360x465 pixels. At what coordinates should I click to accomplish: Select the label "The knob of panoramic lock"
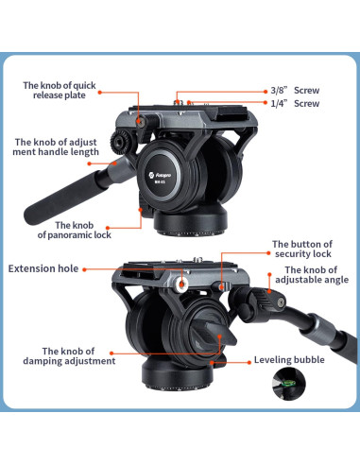[82, 230]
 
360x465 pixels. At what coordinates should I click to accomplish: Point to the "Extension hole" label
[43, 268]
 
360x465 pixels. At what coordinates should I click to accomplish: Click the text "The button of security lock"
[301, 250]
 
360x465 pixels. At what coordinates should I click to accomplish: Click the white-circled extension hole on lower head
[182, 282]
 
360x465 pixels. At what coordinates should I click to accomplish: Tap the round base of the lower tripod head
[175, 397]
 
